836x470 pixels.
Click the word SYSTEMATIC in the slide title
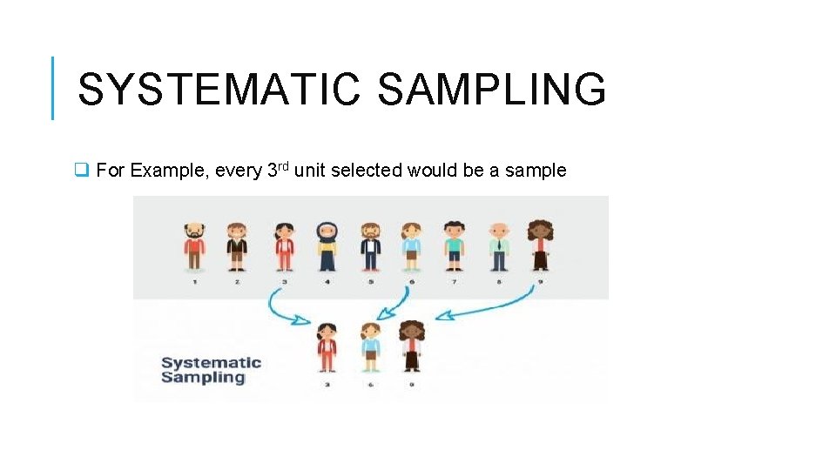pos(218,90)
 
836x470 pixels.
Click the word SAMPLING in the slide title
pos(491,90)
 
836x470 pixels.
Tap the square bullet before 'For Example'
pos(82,171)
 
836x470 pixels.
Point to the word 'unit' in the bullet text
pos(308,171)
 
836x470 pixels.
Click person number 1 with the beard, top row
pos(195,246)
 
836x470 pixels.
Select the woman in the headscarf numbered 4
pos(327,246)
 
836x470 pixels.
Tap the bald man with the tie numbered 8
pos(497,246)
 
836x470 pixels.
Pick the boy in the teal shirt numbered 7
pos(453,246)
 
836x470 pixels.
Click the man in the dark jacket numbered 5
pos(370,246)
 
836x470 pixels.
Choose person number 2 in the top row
pos(237,246)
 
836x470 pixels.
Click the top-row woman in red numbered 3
pos(284,246)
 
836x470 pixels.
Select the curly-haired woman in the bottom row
pos(411,346)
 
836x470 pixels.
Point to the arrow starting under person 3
pos(284,310)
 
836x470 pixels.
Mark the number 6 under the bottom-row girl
pos(371,384)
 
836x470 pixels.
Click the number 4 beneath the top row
pos(327,282)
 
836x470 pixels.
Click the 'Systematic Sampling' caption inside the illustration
pos(211,370)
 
